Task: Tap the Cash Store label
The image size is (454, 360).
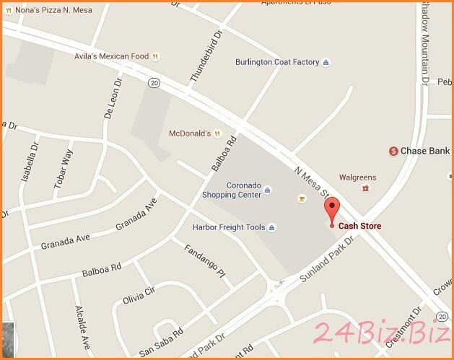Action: click(361, 227)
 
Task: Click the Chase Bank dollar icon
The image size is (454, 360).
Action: click(393, 151)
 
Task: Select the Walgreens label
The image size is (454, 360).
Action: click(359, 177)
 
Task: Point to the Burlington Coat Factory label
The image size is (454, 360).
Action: click(277, 62)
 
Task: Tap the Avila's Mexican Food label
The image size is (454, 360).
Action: click(111, 56)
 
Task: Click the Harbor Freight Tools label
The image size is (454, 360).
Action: click(229, 227)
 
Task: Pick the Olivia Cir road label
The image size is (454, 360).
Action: click(139, 297)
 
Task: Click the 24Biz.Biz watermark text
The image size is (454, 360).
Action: click(381, 333)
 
